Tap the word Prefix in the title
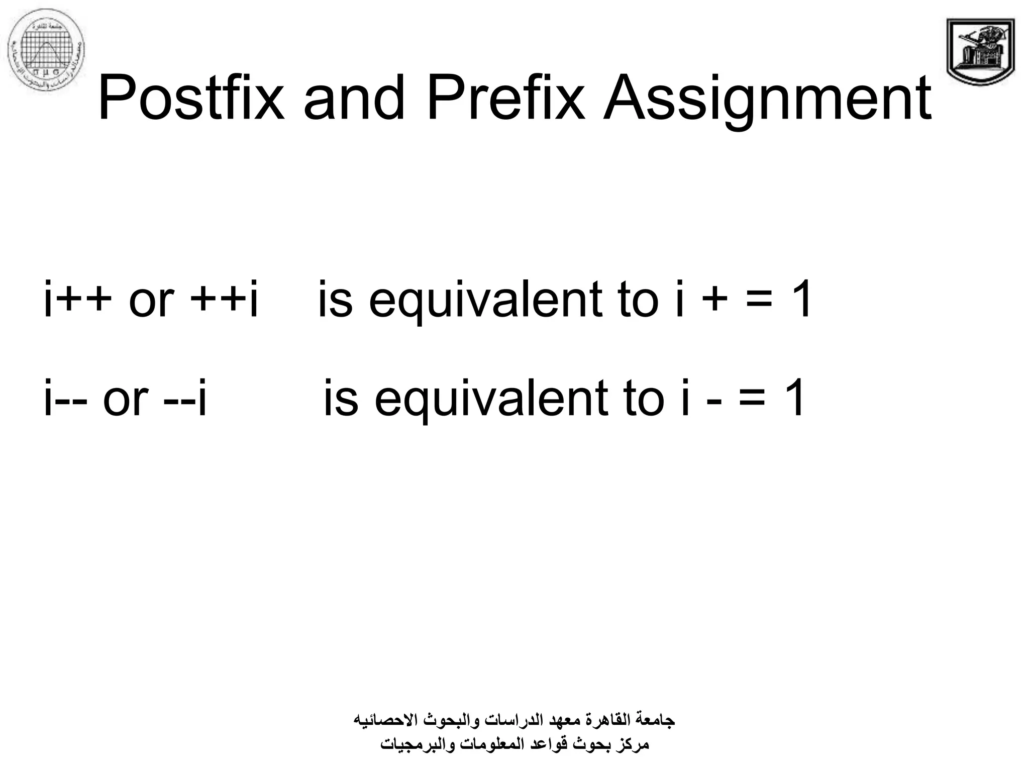pyautogui.click(x=505, y=98)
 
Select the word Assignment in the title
pyautogui.click(x=767, y=98)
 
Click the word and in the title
pyautogui.click(x=354, y=98)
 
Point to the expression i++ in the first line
pyautogui.click(x=77, y=300)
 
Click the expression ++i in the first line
pyautogui.click(x=225, y=300)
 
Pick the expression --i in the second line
pyautogui.click(x=185, y=399)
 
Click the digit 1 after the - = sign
pyautogui.click(x=794, y=399)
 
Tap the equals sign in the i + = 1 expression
pyautogui.click(x=758, y=301)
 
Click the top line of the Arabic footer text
pyautogui.click(x=514, y=720)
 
